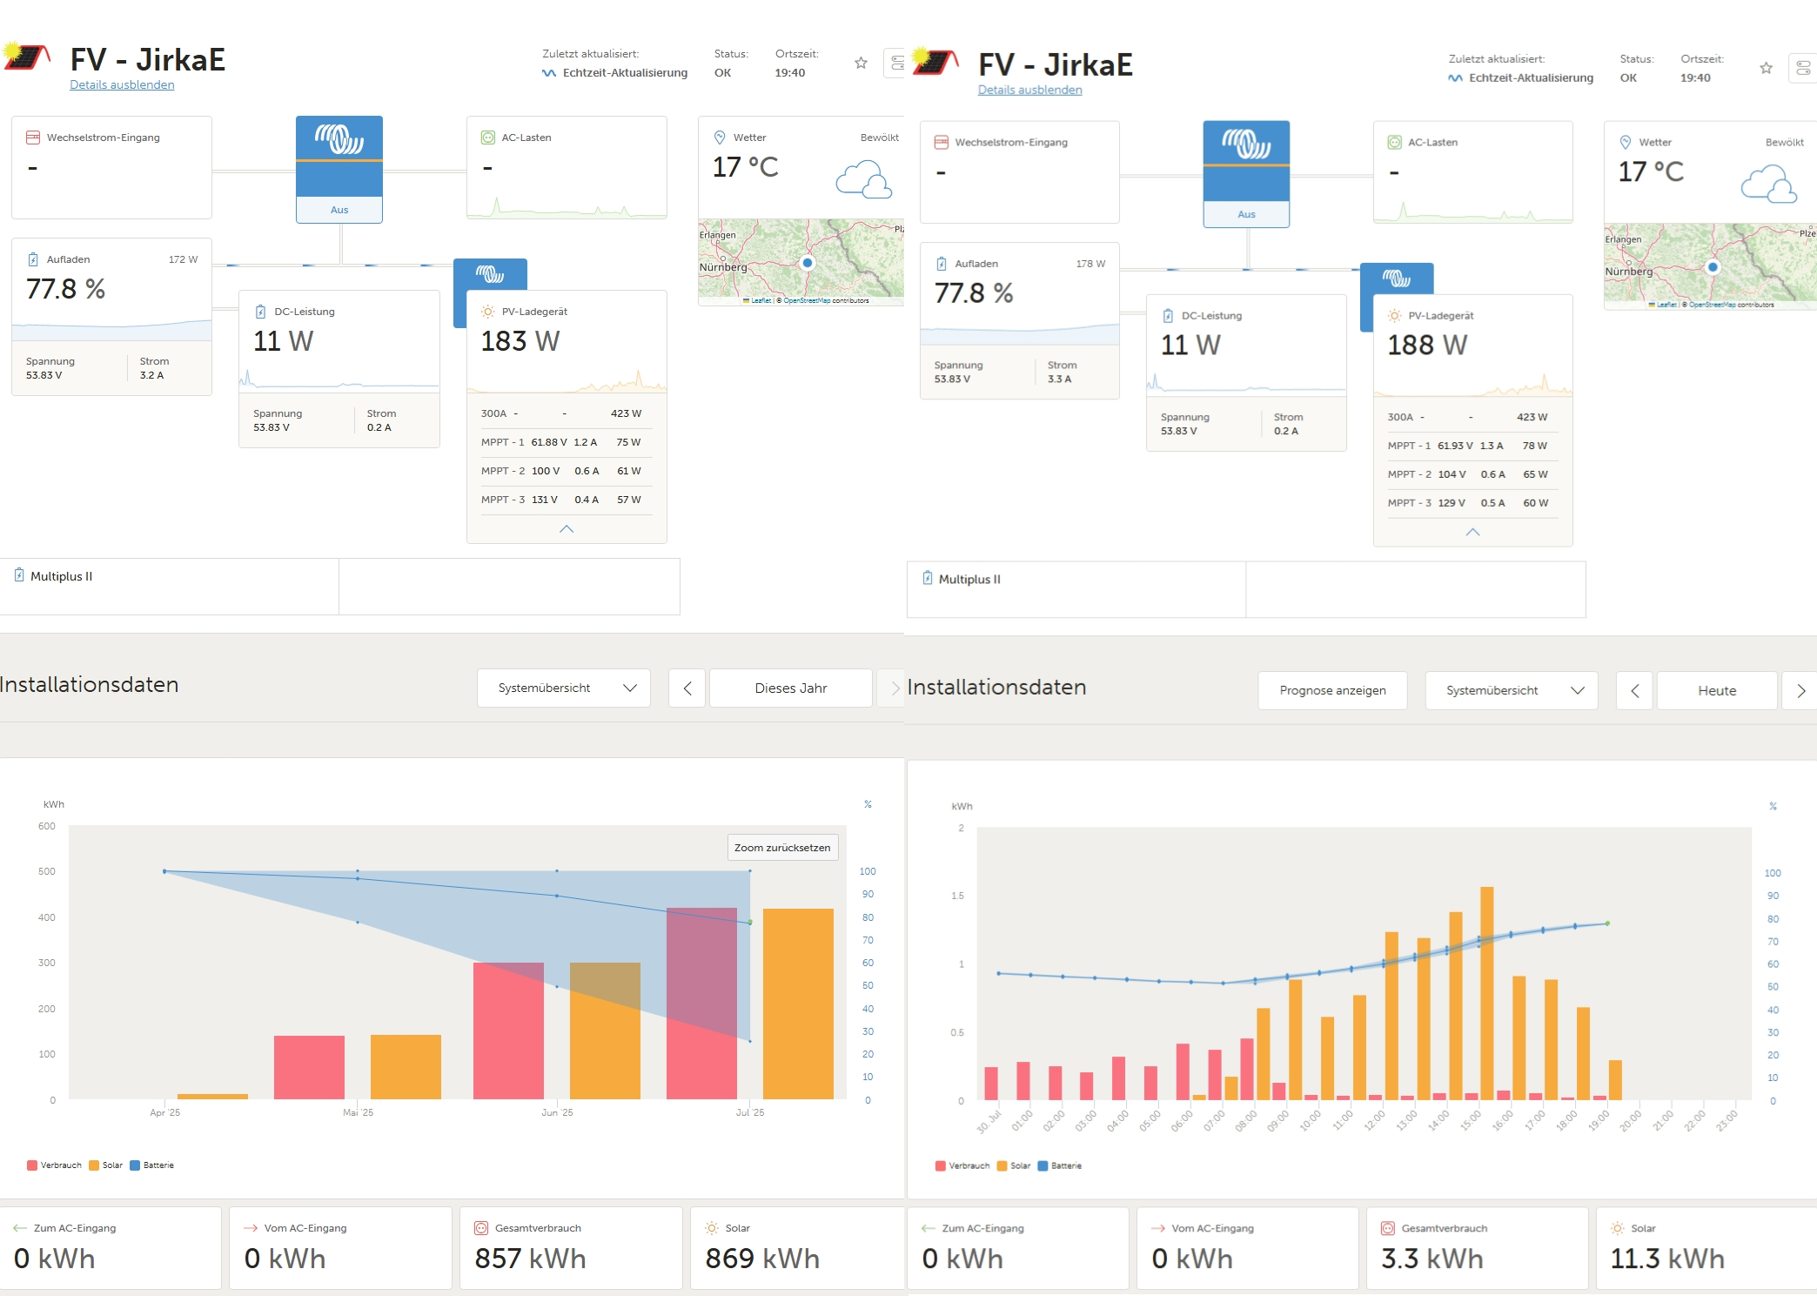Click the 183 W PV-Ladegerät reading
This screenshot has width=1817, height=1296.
[x=520, y=341]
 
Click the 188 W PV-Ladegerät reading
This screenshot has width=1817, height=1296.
[x=1427, y=346]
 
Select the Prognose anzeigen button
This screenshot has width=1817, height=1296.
[x=1332, y=690]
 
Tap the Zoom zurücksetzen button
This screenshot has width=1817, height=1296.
[x=782, y=848]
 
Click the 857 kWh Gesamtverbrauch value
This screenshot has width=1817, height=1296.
[x=530, y=1259]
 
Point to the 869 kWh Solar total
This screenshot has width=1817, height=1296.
[x=762, y=1259]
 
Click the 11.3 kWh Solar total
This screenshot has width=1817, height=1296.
[x=1667, y=1259]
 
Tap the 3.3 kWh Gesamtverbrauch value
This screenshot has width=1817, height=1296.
[x=1432, y=1259]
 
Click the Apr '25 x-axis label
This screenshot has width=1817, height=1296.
[x=164, y=1112]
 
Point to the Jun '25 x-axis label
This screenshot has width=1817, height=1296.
[x=557, y=1112]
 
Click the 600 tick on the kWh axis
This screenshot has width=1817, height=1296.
[x=47, y=826]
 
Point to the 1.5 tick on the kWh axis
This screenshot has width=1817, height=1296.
[x=957, y=896]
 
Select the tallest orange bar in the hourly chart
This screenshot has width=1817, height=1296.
[x=1486, y=992]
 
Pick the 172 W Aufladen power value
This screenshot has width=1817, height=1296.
[x=183, y=259]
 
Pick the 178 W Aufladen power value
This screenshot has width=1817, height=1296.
[x=1090, y=264]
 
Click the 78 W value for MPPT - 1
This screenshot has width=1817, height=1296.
[x=1535, y=446]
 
